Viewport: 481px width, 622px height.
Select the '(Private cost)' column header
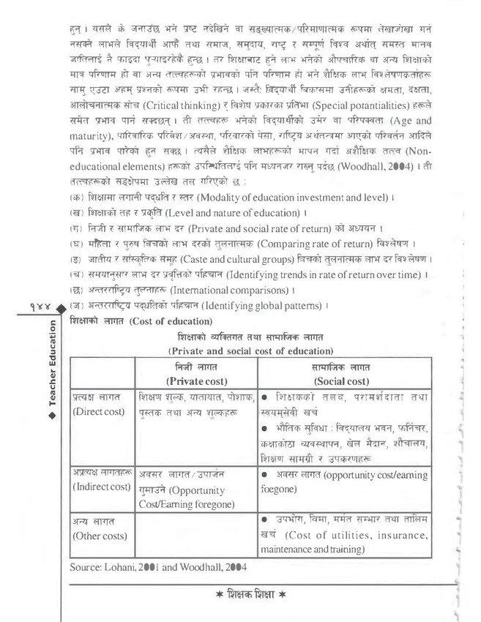click(195, 381)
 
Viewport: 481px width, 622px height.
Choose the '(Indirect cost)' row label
click(102, 487)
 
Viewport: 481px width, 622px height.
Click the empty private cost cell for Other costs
click(195, 534)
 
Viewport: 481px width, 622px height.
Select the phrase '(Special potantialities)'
click(353, 105)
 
